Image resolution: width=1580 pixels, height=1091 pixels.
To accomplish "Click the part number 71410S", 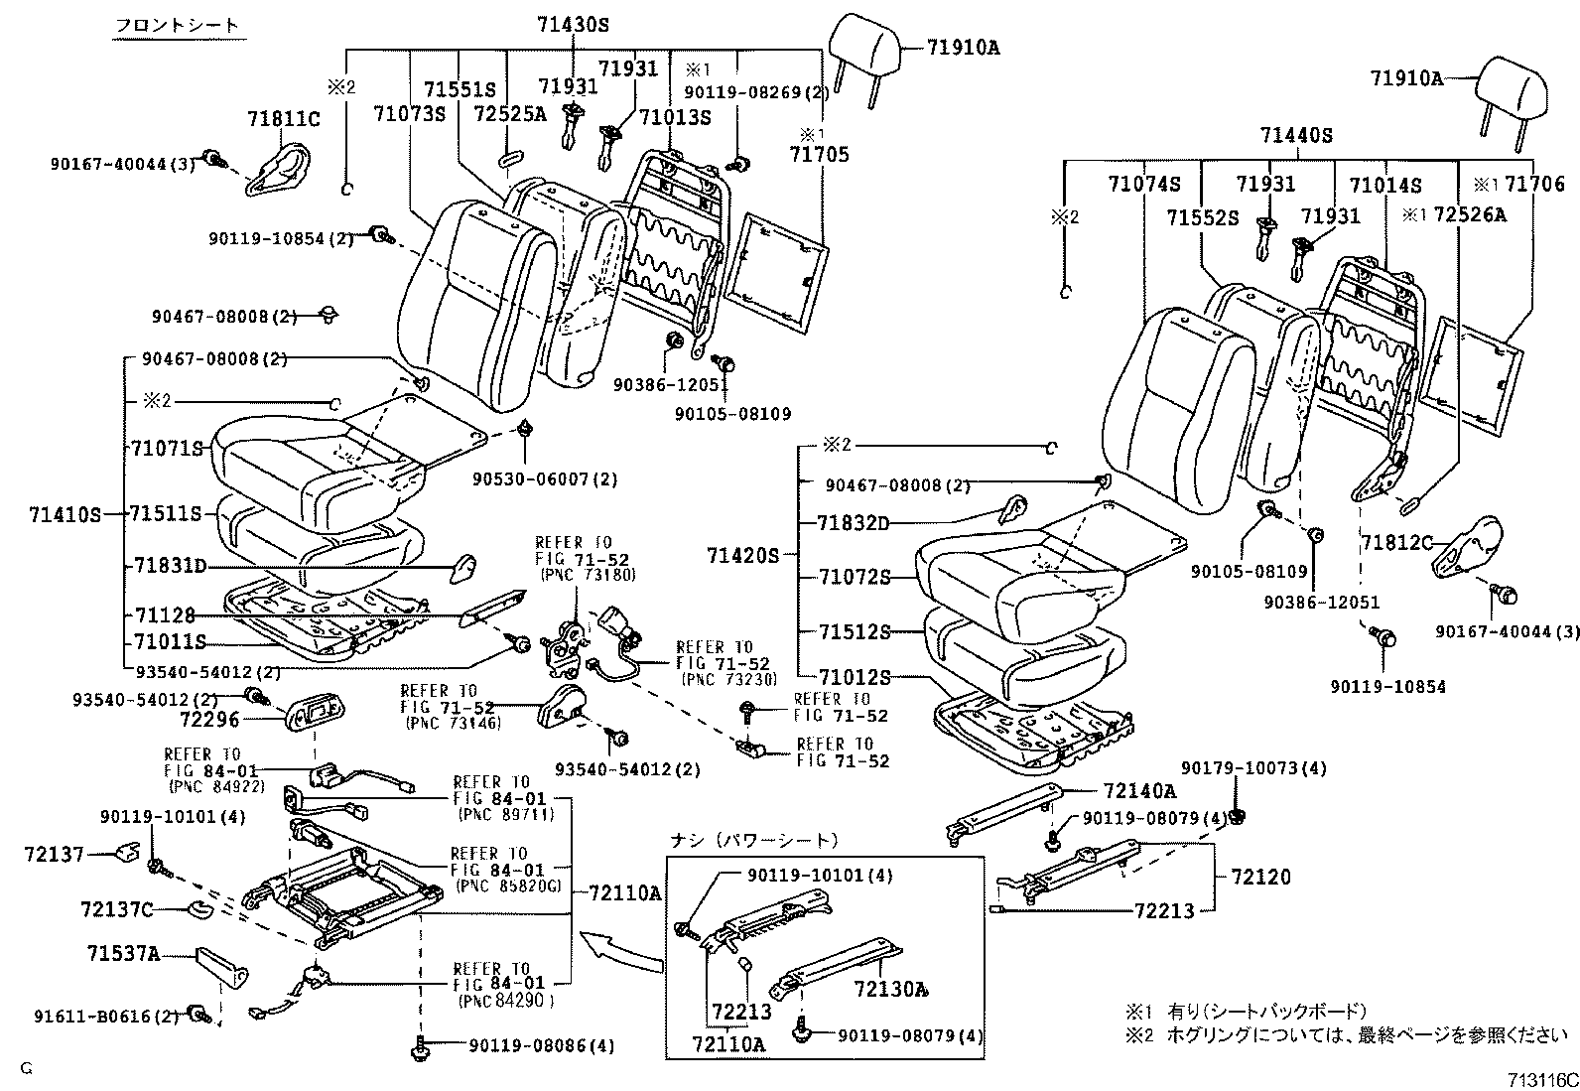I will coord(65,514).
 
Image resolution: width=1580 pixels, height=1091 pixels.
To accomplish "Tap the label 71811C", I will coord(283,120).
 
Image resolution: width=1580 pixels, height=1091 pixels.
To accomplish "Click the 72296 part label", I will coord(209,719).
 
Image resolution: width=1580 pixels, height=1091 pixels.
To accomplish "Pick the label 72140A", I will coord(1138,791).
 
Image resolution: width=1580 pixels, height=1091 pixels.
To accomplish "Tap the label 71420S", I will coord(743,555).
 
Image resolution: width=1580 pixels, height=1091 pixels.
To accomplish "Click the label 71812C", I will coord(1397,542).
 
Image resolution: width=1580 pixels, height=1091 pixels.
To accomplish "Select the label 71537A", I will coord(123,954).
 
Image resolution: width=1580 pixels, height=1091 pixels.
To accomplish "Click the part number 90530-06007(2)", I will coord(545,478).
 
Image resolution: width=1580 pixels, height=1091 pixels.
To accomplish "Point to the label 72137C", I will coord(116,908).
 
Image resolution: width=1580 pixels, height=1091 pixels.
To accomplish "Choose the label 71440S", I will coord(1296,136).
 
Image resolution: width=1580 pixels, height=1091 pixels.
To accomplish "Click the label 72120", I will coord(1260,877).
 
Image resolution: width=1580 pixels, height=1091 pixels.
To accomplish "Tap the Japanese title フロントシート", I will coord(178,25).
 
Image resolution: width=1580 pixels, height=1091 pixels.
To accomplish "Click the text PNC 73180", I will coord(589,575).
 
